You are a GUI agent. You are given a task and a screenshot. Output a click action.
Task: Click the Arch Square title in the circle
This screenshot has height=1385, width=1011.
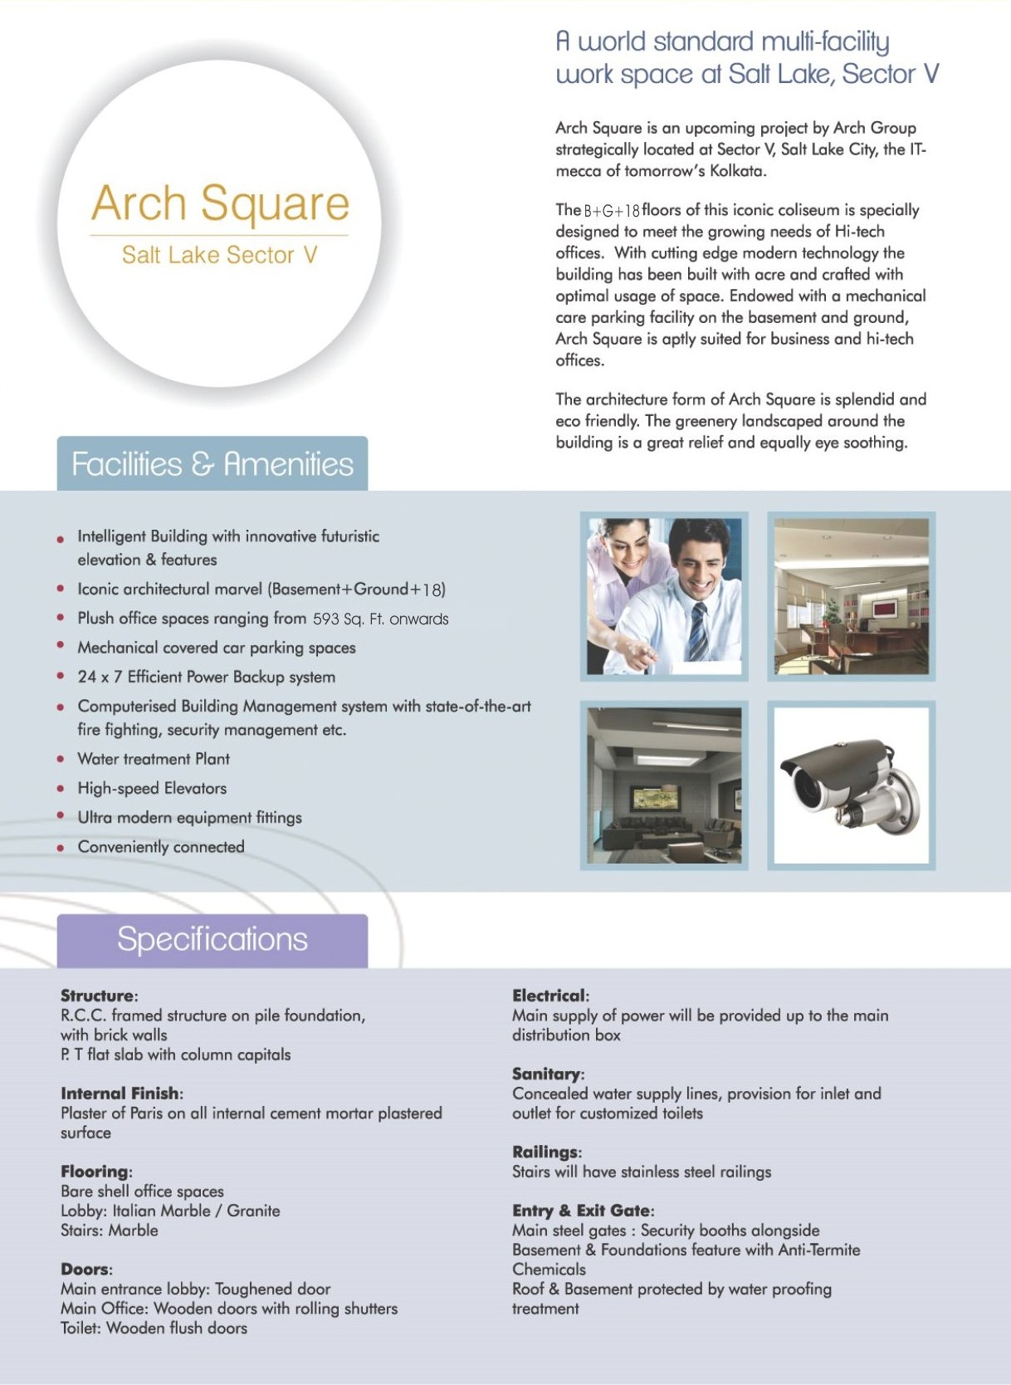click(x=220, y=203)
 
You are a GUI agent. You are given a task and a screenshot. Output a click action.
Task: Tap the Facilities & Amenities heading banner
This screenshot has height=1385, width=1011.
click(x=212, y=463)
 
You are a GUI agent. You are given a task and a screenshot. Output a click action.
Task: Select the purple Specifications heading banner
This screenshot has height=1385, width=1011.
click(x=212, y=939)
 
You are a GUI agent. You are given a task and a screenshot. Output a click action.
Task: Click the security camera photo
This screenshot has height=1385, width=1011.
click(x=851, y=785)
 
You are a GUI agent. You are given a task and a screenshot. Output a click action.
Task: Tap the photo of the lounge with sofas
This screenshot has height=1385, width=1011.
click(x=664, y=785)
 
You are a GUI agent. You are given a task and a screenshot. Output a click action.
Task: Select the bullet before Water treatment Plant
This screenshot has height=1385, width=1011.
click(x=61, y=759)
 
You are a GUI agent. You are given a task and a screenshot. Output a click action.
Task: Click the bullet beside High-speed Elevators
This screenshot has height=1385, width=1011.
click(x=61, y=788)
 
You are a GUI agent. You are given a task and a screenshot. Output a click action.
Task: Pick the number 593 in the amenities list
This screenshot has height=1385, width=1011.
click(x=326, y=619)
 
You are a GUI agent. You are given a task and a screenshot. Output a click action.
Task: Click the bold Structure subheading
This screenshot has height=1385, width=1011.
click(x=97, y=996)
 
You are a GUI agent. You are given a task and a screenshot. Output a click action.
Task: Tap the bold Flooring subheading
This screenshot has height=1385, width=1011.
click(x=95, y=1172)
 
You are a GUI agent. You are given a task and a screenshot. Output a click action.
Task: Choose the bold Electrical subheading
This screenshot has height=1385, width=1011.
click(x=549, y=996)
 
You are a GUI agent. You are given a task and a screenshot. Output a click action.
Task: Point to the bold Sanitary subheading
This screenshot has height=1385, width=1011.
click(x=547, y=1074)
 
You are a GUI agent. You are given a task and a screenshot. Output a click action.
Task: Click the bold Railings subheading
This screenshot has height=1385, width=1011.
click(x=545, y=1152)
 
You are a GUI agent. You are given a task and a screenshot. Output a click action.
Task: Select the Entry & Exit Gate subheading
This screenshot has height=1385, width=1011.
click(x=582, y=1211)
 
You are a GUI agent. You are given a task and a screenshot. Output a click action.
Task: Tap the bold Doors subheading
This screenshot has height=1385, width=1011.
click(x=85, y=1269)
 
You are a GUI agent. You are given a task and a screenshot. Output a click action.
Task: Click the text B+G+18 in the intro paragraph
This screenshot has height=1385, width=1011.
click(x=612, y=211)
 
